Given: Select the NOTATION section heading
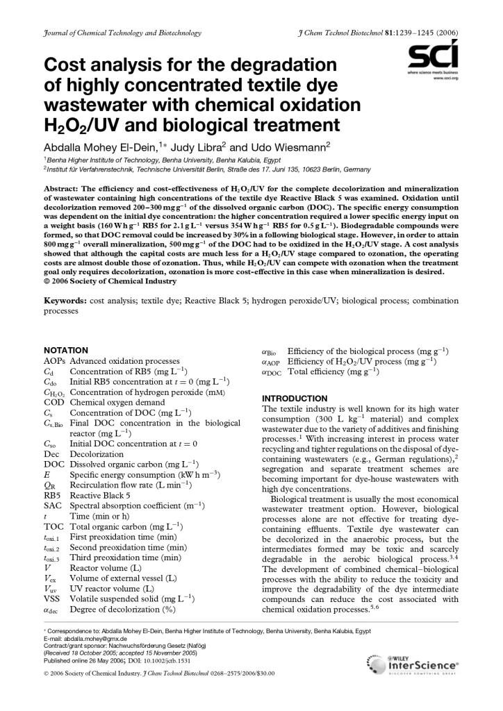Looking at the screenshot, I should (x=66, y=351).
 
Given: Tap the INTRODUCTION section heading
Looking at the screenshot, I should (x=295, y=399).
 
